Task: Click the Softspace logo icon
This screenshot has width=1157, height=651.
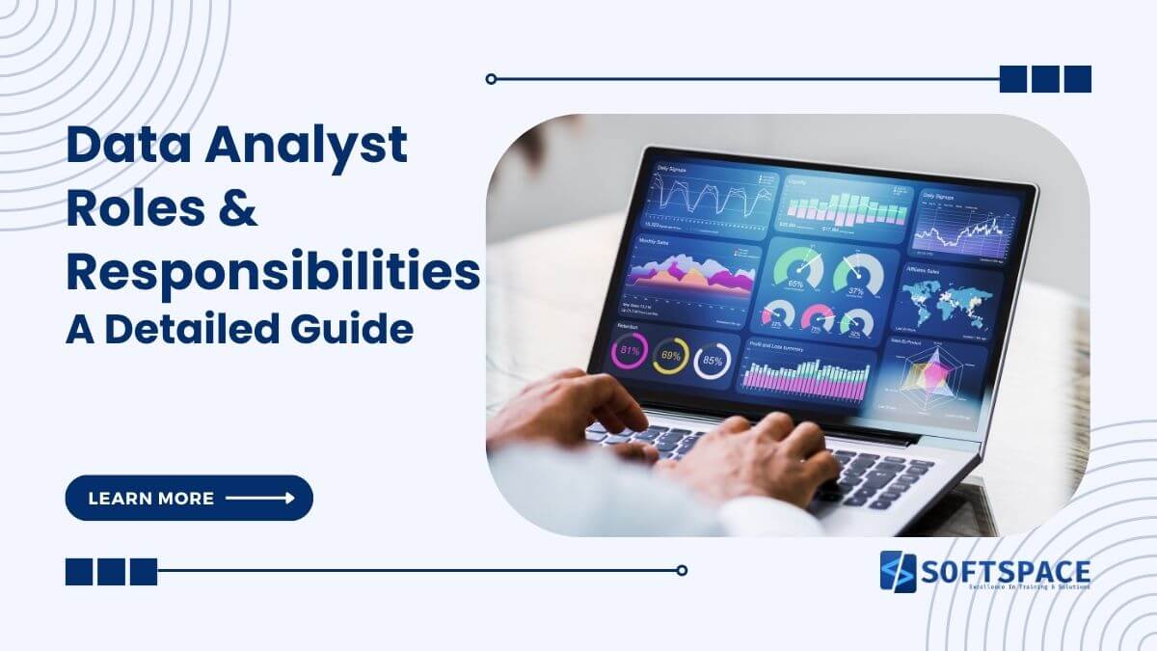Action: click(x=898, y=571)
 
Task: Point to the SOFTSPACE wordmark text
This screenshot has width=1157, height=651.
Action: click(x=1006, y=569)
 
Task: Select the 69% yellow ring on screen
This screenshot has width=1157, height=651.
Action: click(x=670, y=357)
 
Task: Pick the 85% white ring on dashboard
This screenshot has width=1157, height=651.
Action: click(x=712, y=361)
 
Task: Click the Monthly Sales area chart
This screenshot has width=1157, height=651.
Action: click(x=690, y=277)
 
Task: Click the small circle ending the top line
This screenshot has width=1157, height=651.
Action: click(x=491, y=79)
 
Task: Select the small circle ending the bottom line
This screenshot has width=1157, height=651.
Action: click(x=682, y=570)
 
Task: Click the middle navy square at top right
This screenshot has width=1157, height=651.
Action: click(x=1045, y=79)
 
